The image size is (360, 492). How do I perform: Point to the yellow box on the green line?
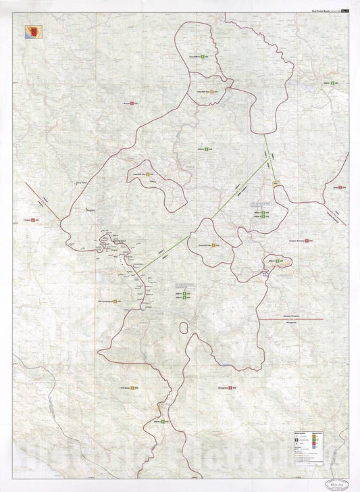pyautogui.click(x=276, y=184)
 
